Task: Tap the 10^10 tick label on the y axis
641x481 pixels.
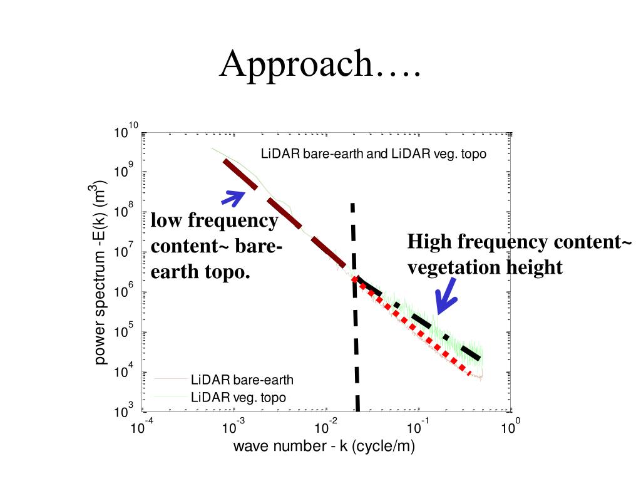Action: (x=125, y=132)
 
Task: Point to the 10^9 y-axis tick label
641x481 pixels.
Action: (x=123, y=172)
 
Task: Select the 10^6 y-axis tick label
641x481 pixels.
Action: (x=123, y=292)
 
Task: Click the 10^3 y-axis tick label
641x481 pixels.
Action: (x=123, y=411)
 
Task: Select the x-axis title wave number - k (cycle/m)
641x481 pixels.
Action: (x=324, y=447)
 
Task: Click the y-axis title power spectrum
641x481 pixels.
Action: (x=100, y=272)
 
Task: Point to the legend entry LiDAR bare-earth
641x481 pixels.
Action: (x=242, y=380)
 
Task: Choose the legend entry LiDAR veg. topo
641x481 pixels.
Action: (x=238, y=397)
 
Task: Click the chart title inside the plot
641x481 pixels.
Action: (x=373, y=153)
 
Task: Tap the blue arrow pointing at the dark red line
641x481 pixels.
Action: (x=234, y=197)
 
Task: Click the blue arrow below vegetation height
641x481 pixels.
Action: (x=446, y=296)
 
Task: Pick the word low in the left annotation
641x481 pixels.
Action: (x=166, y=220)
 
